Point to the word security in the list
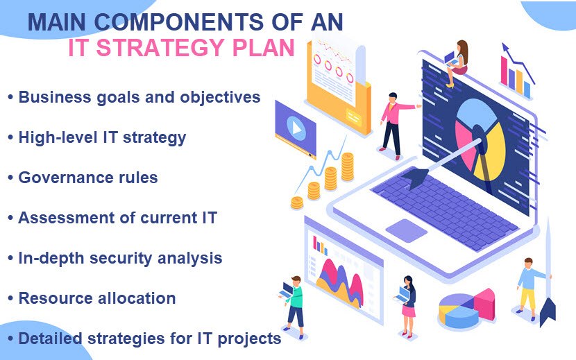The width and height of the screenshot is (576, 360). point(121,259)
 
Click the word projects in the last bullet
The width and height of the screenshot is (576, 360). point(249,339)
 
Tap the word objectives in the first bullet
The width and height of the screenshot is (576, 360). point(220,98)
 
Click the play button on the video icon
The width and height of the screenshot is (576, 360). point(296,128)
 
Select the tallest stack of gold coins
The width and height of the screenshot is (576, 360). point(347,167)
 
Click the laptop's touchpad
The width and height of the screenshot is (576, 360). point(406,230)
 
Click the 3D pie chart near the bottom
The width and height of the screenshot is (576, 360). point(466,309)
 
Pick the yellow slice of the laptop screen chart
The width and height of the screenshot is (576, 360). point(491,151)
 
